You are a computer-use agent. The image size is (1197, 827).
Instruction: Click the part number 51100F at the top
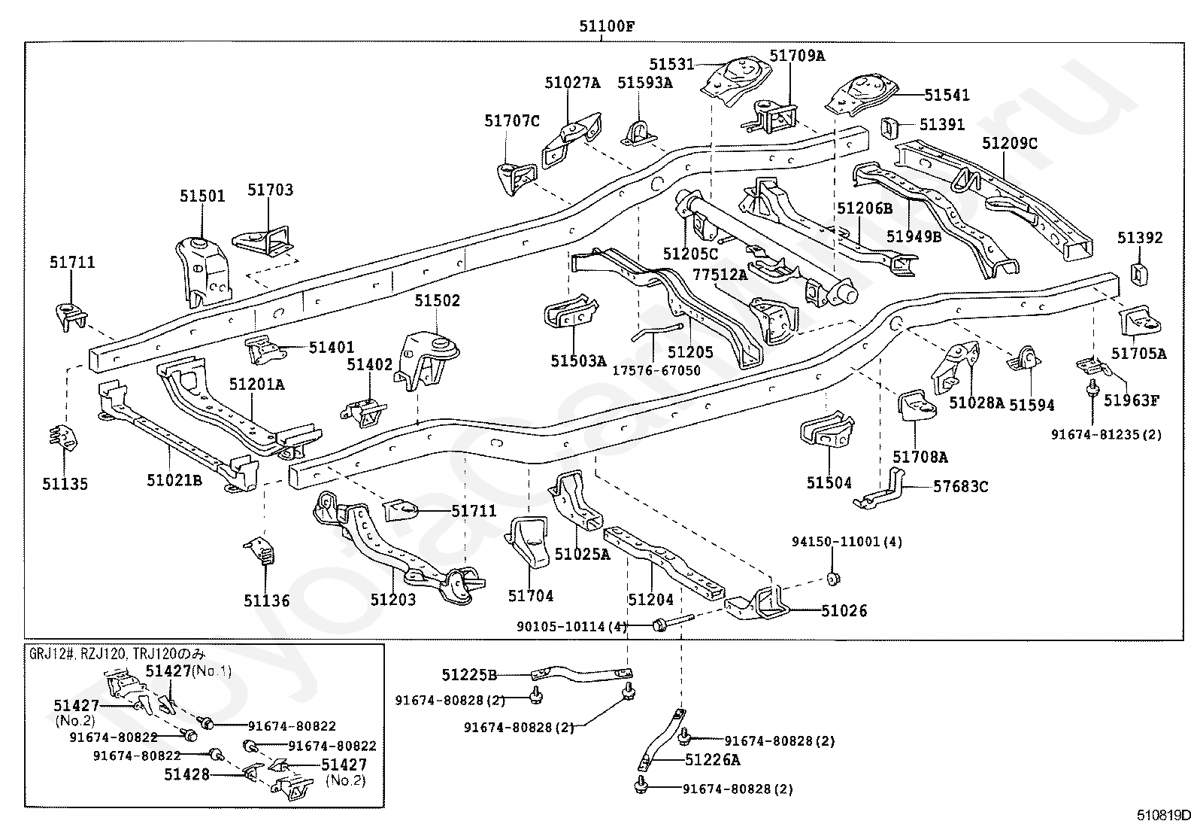(x=607, y=26)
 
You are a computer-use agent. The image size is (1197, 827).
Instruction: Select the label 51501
(x=202, y=196)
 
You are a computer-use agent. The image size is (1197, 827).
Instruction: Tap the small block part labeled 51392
(x=1139, y=273)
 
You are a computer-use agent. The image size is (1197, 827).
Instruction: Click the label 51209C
(x=1010, y=144)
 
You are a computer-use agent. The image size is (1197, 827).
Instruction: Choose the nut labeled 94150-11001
(x=832, y=578)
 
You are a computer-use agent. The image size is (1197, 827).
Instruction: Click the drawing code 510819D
(x=1163, y=815)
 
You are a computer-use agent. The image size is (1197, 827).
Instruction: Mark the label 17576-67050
(x=656, y=370)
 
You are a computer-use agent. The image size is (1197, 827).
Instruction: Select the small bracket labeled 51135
(x=64, y=439)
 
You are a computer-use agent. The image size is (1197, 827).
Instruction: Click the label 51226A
(x=712, y=759)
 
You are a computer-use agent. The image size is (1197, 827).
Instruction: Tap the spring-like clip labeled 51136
(x=262, y=550)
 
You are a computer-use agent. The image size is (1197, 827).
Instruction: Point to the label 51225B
(x=468, y=675)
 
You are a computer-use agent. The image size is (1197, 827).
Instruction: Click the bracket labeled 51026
(x=757, y=604)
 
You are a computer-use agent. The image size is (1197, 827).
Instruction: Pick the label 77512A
(x=720, y=275)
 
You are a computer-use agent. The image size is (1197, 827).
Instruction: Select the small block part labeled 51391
(x=889, y=129)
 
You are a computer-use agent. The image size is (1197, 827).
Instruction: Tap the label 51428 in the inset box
(x=186, y=774)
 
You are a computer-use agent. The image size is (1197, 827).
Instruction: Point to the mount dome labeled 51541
(x=861, y=96)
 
